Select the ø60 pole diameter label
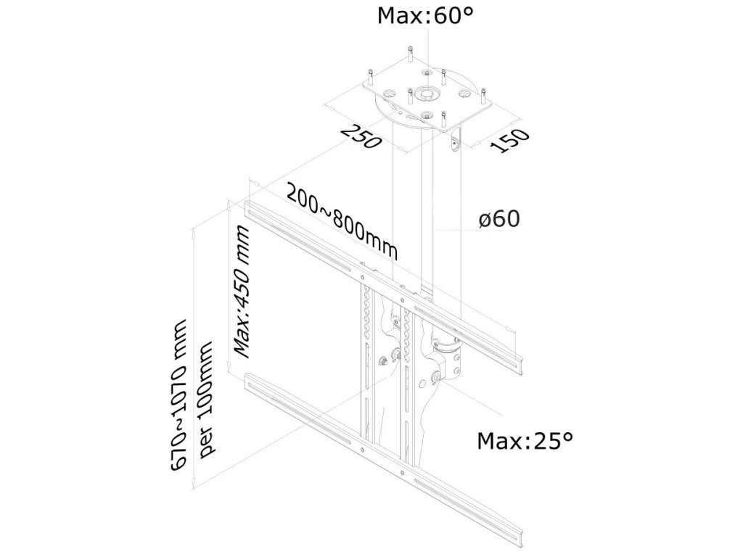coord(500,218)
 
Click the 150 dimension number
coord(509,141)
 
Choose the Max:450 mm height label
coord(242,292)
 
